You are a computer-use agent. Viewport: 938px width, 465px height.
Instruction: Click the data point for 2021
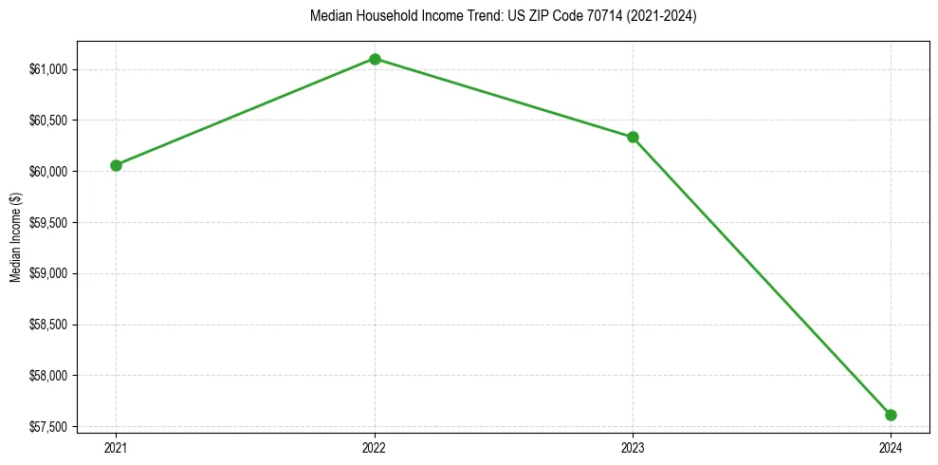pos(116,165)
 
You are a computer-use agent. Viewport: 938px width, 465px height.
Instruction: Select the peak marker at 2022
pos(375,59)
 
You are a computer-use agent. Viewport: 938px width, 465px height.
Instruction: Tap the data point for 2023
pos(633,137)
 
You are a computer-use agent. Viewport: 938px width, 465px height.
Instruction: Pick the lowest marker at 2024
pos(891,415)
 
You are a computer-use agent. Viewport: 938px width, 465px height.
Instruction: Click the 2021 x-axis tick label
pos(116,447)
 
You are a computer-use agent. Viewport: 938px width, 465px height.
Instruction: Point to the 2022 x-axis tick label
pos(375,447)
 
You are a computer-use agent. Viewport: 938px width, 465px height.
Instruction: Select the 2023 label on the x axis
pos(633,447)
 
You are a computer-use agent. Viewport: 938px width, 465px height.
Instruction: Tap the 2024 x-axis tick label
pos(891,447)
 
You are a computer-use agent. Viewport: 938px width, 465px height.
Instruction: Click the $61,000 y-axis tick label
pos(48,69)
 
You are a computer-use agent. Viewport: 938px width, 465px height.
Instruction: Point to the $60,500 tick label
pos(48,121)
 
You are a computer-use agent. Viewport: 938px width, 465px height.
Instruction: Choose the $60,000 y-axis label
pos(48,172)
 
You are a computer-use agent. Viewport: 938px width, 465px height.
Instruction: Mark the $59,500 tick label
pos(48,223)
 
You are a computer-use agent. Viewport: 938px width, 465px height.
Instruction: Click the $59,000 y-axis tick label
pos(48,274)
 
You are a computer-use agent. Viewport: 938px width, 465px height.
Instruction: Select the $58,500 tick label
pos(48,325)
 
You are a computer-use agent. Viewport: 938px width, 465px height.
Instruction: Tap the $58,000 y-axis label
pos(48,376)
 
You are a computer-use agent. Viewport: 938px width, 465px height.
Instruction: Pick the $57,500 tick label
pos(48,427)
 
